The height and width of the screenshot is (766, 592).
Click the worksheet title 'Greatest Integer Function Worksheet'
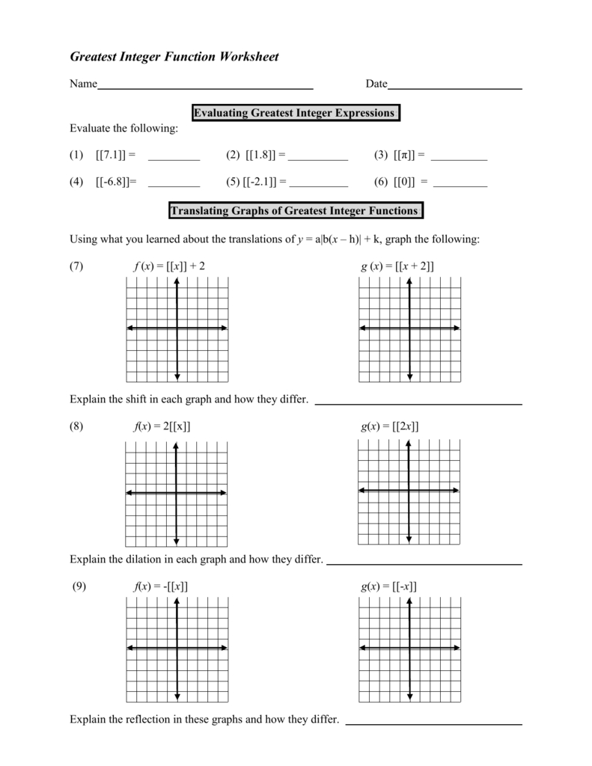pos(174,57)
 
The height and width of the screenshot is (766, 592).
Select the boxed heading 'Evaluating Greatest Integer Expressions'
pos(294,113)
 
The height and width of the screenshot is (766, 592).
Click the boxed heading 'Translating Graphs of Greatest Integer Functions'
pos(294,211)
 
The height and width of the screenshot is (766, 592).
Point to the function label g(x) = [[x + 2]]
pos(397,266)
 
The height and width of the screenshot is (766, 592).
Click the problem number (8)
pos(77,426)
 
